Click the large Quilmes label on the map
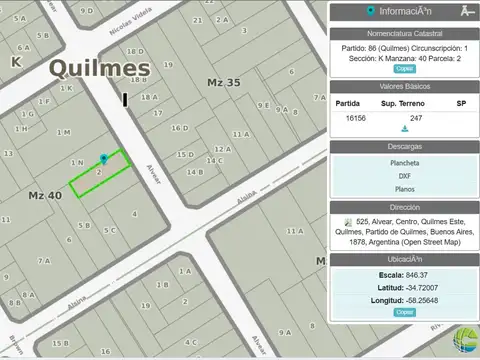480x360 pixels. click(x=99, y=69)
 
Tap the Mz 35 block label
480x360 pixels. click(x=223, y=82)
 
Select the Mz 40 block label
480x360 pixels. click(x=44, y=194)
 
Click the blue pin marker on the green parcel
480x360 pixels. click(x=103, y=159)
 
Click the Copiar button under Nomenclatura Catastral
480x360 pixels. click(x=404, y=69)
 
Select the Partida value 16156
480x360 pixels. click(x=355, y=118)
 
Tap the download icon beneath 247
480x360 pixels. click(x=404, y=129)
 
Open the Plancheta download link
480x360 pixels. click(x=404, y=162)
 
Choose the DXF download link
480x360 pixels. click(x=404, y=176)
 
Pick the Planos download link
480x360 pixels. click(x=404, y=189)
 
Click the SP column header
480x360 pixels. click(x=461, y=103)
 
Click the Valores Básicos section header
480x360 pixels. click(x=404, y=86)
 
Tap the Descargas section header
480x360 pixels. click(x=404, y=146)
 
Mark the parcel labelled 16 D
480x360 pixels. click(x=179, y=128)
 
